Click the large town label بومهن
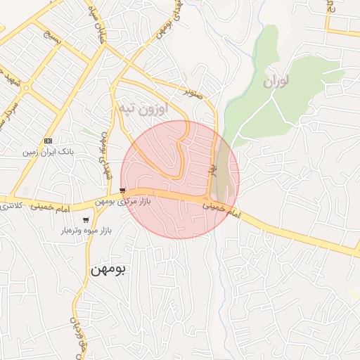(108, 269)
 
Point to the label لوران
(276, 82)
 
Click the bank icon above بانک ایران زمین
(47, 141)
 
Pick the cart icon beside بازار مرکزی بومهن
(123, 191)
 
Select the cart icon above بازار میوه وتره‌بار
(86, 220)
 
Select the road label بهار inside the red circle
(210, 169)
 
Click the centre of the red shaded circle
(180, 179)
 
